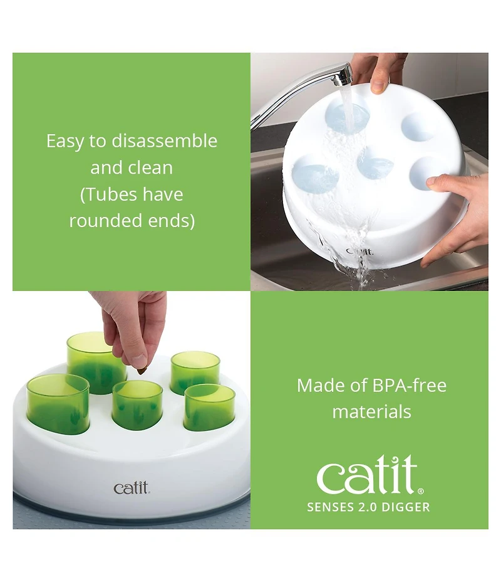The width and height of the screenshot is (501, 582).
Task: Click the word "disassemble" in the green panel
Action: coord(165,141)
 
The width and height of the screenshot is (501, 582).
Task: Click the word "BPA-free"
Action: coord(409,385)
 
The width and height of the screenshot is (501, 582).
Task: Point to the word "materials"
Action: coord(371,412)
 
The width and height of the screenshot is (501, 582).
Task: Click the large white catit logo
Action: coord(367,475)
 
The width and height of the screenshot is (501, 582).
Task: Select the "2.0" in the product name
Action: coord(367,507)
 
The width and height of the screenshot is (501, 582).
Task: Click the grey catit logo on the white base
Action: coord(131,488)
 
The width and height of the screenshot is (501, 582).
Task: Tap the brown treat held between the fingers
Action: coord(141,371)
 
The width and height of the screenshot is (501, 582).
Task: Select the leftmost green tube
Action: coord(58,403)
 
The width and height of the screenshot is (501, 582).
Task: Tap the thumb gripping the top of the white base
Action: coord(379,78)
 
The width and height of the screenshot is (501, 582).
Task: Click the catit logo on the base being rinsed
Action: coord(359,251)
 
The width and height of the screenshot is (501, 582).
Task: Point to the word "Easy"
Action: coord(65,141)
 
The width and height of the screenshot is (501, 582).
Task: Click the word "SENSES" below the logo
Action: coord(330,507)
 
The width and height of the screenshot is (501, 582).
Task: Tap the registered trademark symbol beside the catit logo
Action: coord(421,491)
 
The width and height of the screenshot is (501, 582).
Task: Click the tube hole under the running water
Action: coord(347,115)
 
